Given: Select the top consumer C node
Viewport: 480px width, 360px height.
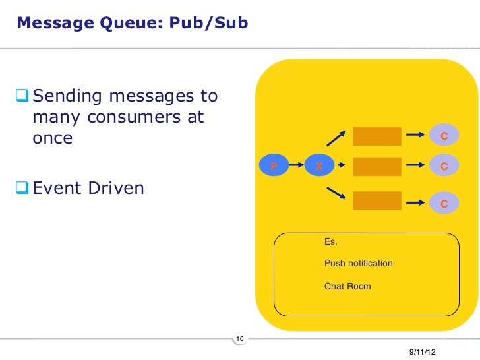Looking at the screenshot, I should coord(444,136).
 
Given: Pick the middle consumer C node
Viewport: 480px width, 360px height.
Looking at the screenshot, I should coord(444,167).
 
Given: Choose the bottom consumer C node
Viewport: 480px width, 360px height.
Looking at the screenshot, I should coord(444,204).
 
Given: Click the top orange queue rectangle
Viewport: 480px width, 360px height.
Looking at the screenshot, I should coord(377,136).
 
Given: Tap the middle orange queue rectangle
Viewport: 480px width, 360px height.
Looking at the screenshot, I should coord(377,167).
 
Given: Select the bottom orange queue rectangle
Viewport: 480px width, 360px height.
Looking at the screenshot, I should coord(377,201).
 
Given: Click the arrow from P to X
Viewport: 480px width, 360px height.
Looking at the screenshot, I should coord(297,165).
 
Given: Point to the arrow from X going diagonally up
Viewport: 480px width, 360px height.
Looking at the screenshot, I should coord(337,137).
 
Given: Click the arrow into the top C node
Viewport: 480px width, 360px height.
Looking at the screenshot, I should coord(415,136).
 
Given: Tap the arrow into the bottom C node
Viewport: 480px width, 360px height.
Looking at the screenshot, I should coord(415,203).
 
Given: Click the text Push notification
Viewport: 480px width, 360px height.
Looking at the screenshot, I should coord(358,263).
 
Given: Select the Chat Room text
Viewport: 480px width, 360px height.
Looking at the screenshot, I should coord(347,286).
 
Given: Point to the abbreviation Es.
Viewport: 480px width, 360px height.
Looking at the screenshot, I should coord(330,242).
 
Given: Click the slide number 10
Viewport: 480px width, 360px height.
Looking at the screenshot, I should coord(239,339).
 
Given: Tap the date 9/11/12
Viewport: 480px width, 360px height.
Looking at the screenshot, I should coord(422,354).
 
